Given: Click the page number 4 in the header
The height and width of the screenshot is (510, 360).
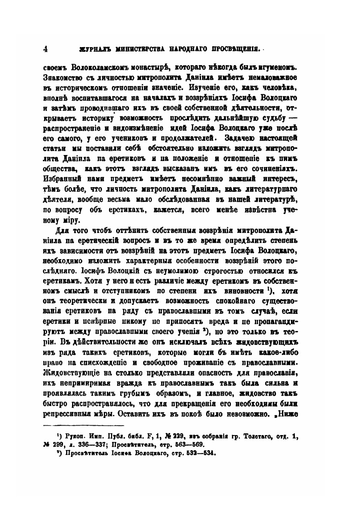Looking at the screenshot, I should point(45,49).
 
